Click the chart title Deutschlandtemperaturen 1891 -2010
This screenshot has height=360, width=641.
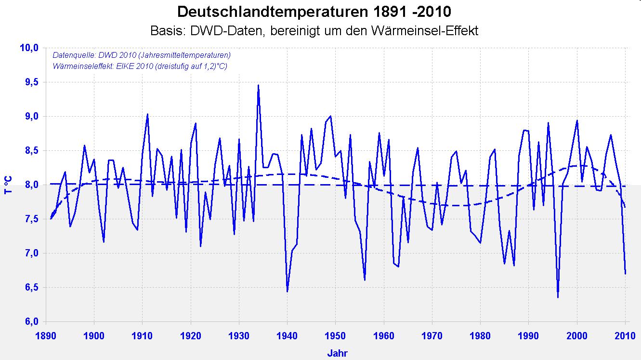tap(314, 12)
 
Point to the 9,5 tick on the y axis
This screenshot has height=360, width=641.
tap(29, 82)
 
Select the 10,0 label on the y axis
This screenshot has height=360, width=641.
tap(28, 48)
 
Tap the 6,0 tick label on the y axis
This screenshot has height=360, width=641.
tap(29, 322)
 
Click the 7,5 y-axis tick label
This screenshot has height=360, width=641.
tap(29, 219)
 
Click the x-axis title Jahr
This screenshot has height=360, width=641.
tap(337, 353)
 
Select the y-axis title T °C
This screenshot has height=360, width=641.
tap(8, 185)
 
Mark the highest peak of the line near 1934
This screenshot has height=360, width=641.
tap(258, 85)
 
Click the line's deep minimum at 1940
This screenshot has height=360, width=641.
tap(287, 291)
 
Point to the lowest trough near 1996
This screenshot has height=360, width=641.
tap(558, 297)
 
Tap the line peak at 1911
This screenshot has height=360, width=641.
tap(147, 114)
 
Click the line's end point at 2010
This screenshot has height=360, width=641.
tap(625, 274)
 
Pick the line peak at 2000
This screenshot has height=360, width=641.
tap(577, 120)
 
